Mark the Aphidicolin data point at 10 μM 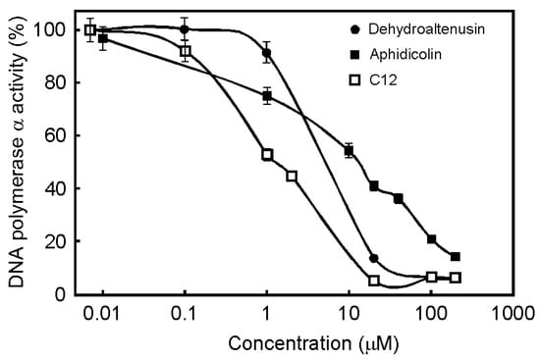tap(349, 150)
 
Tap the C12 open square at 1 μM tap(266, 154)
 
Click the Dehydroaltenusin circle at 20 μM tap(373, 258)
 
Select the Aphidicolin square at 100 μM tap(431, 239)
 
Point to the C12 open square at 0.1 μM tap(185, 51)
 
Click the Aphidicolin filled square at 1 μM tap(266, 96)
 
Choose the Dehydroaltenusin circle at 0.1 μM tap(185, 29)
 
